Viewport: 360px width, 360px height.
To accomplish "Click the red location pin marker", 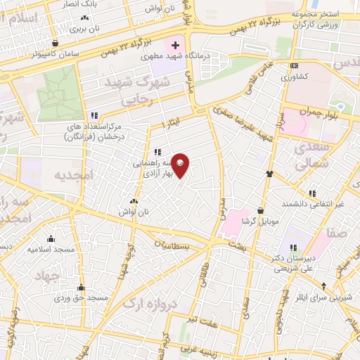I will pyautogui.click(x=181, y=165).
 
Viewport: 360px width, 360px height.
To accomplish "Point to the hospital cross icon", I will pyautogui.click(x=175, y=46).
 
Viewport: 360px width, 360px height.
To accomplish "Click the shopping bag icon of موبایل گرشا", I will pyautogui.click(x=262, y=210).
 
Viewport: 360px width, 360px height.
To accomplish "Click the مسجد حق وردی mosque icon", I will pyautogui.click(x=82, y=287).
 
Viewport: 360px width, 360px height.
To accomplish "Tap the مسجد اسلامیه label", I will pyautogui.click(x=51, y=249).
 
